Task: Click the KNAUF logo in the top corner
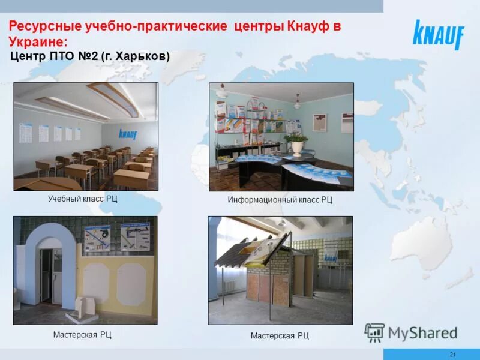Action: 438,35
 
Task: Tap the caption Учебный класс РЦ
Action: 83,198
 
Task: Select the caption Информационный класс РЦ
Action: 280,199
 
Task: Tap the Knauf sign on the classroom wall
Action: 128,134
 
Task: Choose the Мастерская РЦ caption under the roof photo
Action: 280,335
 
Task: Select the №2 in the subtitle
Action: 88,56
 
